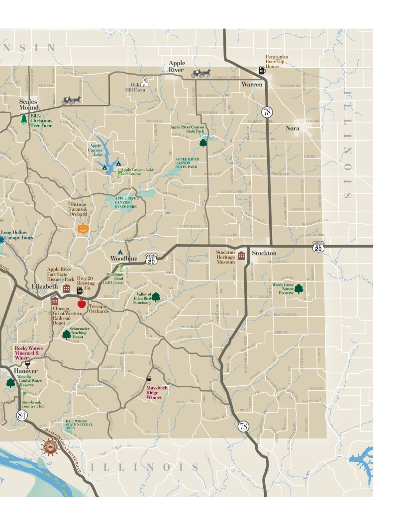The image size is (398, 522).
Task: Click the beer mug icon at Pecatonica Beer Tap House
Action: pyautogui.click(x=262, y=70)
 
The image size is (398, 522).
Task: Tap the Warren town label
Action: pyautogui.click(x=252, y=85)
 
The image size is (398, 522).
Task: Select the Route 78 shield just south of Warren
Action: pyautogui.click(x=267, y=112)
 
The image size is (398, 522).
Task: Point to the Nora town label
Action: pyautogui.click(x=293, y=128)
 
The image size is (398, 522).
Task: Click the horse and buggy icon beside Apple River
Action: pyautogui.click(x=201, y=73)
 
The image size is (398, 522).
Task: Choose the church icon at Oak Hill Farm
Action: pyautogui.click(x=144, y=82)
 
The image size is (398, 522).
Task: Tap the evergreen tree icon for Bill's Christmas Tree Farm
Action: pyautogui.click(x=24, y=119)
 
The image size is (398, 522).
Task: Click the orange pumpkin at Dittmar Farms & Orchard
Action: pyautogui.click(x=83, y=228)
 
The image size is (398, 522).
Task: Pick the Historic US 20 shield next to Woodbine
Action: pyautogui.click(x=151, y=259)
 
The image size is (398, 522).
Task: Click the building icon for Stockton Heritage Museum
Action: pyautogui.click(x=242, y=256)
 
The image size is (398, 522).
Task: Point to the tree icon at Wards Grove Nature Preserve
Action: pyautogui.click(x=298, y=289)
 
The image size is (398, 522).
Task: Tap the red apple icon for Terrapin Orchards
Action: pyautogui.click(x=82, y=303)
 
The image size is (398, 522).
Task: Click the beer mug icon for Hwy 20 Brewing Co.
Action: pyautogui.click(x=80, y=290)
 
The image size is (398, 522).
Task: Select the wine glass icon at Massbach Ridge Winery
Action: pyautogui.click(x=149, y=380)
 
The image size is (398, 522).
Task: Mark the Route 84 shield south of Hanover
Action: pyautogui.click(x=22, y=415)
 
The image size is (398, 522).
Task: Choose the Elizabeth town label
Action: pyautogui.click(x=45, y=287)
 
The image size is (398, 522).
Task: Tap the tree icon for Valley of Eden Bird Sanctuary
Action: pyautogui.click(x=156, y=297)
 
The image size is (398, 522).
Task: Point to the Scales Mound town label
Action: pyautogui.click(x=28, y=104)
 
